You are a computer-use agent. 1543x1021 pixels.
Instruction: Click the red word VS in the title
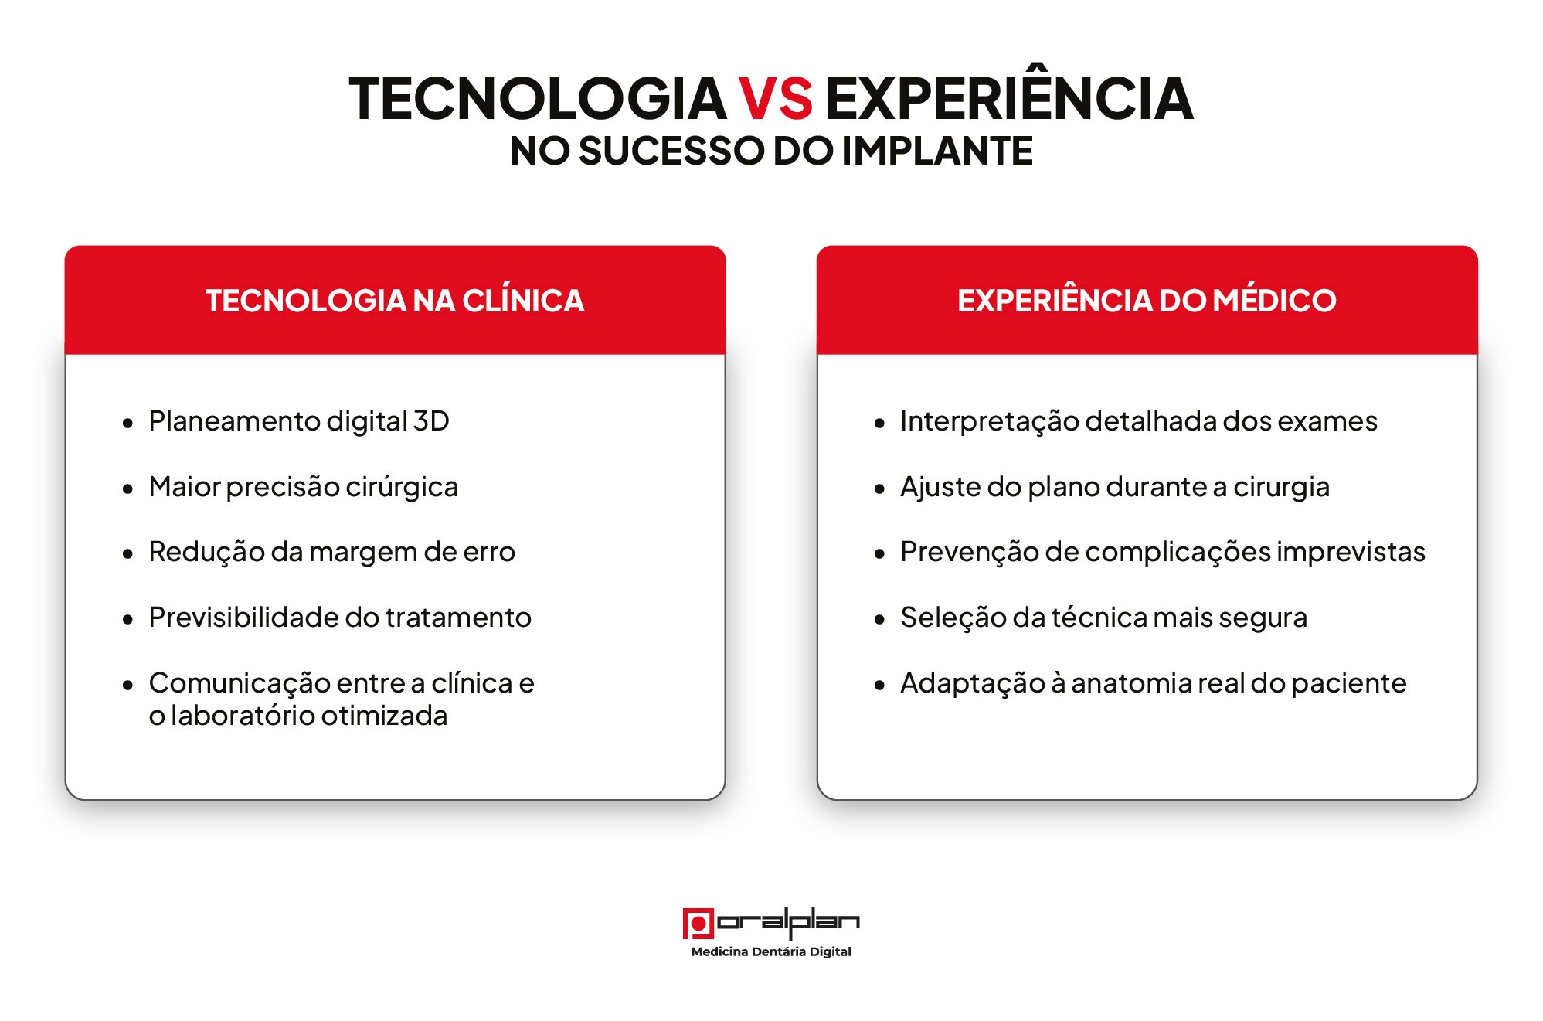776,98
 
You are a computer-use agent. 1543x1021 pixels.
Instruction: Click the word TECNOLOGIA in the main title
538,98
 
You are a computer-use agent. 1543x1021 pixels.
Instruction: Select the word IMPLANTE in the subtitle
937,151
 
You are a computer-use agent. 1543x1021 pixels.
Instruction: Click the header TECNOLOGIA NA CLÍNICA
395,300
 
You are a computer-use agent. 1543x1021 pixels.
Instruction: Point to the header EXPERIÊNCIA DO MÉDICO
1147,300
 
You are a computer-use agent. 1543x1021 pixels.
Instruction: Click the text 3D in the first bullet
431,421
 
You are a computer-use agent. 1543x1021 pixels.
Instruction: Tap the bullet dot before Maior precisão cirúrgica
128,488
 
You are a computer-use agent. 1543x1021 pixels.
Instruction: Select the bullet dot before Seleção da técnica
879,619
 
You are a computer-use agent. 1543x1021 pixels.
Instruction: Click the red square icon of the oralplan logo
698,923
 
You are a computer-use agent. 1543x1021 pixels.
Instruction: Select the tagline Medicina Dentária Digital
771,951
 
